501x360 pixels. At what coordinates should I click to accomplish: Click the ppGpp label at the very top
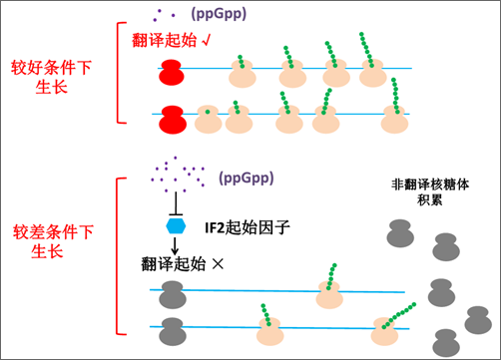point(219,14)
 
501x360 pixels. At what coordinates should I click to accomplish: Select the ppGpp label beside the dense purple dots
point(247,179)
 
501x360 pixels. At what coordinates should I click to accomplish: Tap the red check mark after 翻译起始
point(207,40)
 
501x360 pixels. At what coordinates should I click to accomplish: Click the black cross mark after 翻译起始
point(218,264)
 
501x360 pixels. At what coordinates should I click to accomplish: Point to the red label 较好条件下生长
point(51,77)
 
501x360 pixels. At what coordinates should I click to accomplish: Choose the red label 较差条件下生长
point(53,241)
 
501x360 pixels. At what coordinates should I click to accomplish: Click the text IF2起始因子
point(248,228)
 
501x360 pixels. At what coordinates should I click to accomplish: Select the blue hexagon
point(176,226)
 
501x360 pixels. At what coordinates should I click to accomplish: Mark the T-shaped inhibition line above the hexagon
point(176,204)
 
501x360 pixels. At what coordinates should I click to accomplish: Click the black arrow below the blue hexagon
point(175,246)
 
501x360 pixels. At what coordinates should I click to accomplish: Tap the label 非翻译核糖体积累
point(430,192)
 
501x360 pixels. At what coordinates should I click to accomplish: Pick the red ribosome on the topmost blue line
point(172,72)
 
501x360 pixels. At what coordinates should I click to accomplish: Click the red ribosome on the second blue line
point(173,120)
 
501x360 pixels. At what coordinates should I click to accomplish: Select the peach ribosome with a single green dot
point(208,119)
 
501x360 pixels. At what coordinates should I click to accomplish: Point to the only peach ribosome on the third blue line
point(329,295)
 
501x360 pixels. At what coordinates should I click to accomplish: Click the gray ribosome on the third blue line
point(173,295)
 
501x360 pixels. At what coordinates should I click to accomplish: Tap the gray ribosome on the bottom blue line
point(173,331)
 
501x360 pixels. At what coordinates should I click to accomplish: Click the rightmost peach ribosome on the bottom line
point(384,331)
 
